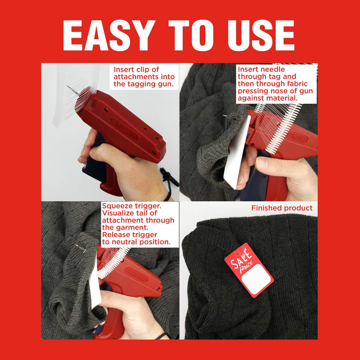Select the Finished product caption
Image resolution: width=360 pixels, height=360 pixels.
[282, 208]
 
